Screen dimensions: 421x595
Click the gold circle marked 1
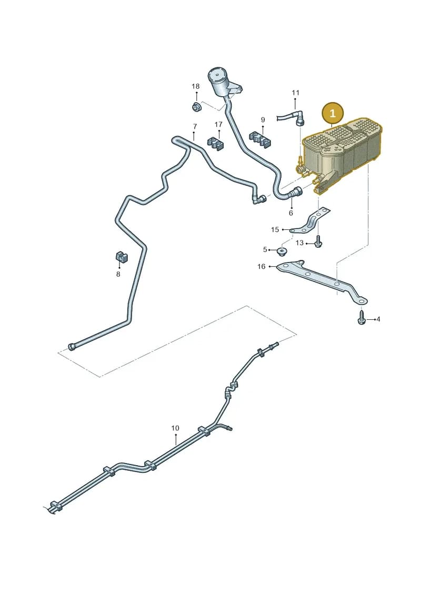(x=332, y=113)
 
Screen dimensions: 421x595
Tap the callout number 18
(x=196, y=86)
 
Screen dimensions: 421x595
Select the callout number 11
(x=296, y=93)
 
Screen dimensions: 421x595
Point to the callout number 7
(x=195, y=126)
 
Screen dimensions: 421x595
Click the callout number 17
(x=218, y=125)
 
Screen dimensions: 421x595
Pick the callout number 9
(x=263, y=120)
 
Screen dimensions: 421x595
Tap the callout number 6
(x=291, y=213)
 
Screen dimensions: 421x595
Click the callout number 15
(x=275, y=229)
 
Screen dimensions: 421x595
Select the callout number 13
(x=299, y=243)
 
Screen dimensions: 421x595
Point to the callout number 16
(x=261, y=267)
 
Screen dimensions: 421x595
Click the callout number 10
(x=175, y=428)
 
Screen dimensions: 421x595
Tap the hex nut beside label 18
(x=196, y=107)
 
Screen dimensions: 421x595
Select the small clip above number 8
(x=121, y=257)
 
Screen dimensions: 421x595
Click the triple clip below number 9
(x=260, y=139)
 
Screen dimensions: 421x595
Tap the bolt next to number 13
(x=318, y=241)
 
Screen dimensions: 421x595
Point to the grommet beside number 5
(x=283, y=251)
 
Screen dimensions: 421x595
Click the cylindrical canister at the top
(x=219, y=82)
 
